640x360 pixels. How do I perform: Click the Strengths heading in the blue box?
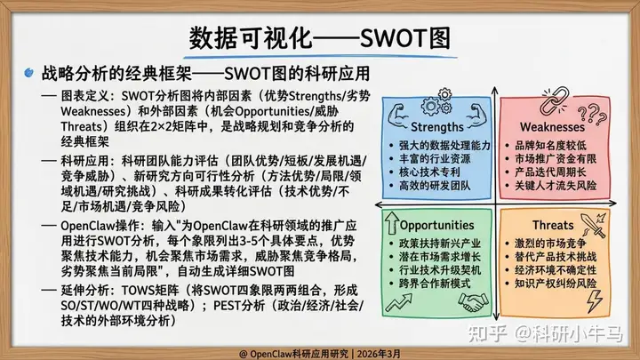coord(436,127)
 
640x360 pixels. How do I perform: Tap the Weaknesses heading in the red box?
coord(552,127)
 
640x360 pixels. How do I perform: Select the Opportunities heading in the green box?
coord(436,225)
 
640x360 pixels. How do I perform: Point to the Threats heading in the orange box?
coord(553,225)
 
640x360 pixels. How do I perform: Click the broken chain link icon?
coord(554,100)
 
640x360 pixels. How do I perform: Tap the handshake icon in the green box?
coord(473,302)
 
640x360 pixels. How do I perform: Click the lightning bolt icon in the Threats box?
coord(594,300)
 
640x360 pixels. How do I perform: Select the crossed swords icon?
coord(594,225)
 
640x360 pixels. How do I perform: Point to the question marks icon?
coord(593,114)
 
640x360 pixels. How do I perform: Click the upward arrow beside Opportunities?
coord(392,223)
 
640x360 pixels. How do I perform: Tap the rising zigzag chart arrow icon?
coord(399,303)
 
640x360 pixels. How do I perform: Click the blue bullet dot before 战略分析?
coord(28,73)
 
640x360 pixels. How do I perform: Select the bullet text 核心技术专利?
coord(429,172)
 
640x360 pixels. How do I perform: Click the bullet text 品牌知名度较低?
coord(550,145)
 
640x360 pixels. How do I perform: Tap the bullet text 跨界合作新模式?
coord(435,284)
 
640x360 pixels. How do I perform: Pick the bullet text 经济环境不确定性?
coord(556,270)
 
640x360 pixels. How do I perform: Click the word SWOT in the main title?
coord(395,38)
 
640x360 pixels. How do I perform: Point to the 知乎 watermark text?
coord(487,333)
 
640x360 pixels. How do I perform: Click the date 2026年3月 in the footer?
coord(379,354)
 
